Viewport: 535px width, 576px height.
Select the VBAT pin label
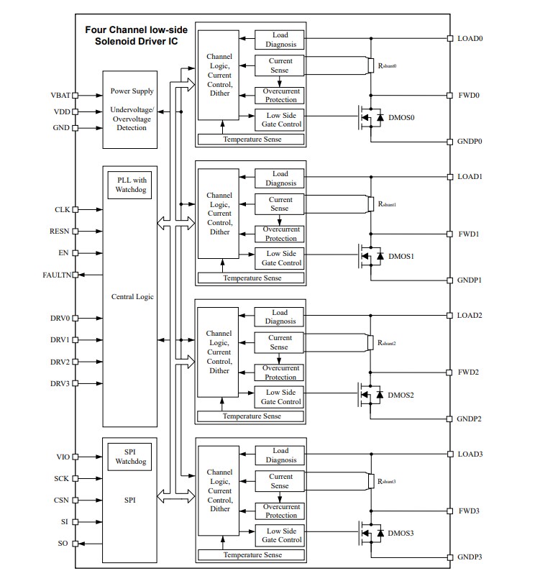(60, 95)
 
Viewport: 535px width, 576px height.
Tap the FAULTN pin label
(56, 275)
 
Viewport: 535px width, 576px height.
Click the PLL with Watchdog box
(129, 185)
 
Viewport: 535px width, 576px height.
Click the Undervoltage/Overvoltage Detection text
(129, 118)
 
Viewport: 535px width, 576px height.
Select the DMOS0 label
(401, 118)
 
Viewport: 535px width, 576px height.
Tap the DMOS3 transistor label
(401, 533)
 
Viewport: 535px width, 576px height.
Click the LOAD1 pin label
(470, 176)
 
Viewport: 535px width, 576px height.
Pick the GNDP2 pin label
(470, 419)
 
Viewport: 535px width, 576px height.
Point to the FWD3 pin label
(468, 511)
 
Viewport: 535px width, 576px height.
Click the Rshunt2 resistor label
(387, 343)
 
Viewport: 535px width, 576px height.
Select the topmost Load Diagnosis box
(280, 40)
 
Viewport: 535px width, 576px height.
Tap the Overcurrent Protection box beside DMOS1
(280, 234)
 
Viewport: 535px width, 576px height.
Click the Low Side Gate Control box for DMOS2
(280, 397)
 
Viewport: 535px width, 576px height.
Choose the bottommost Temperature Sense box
(252, 554)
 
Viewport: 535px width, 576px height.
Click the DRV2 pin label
(60, 362)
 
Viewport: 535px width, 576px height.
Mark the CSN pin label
(61, 500)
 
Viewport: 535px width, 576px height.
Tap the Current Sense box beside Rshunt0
(280, 65)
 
